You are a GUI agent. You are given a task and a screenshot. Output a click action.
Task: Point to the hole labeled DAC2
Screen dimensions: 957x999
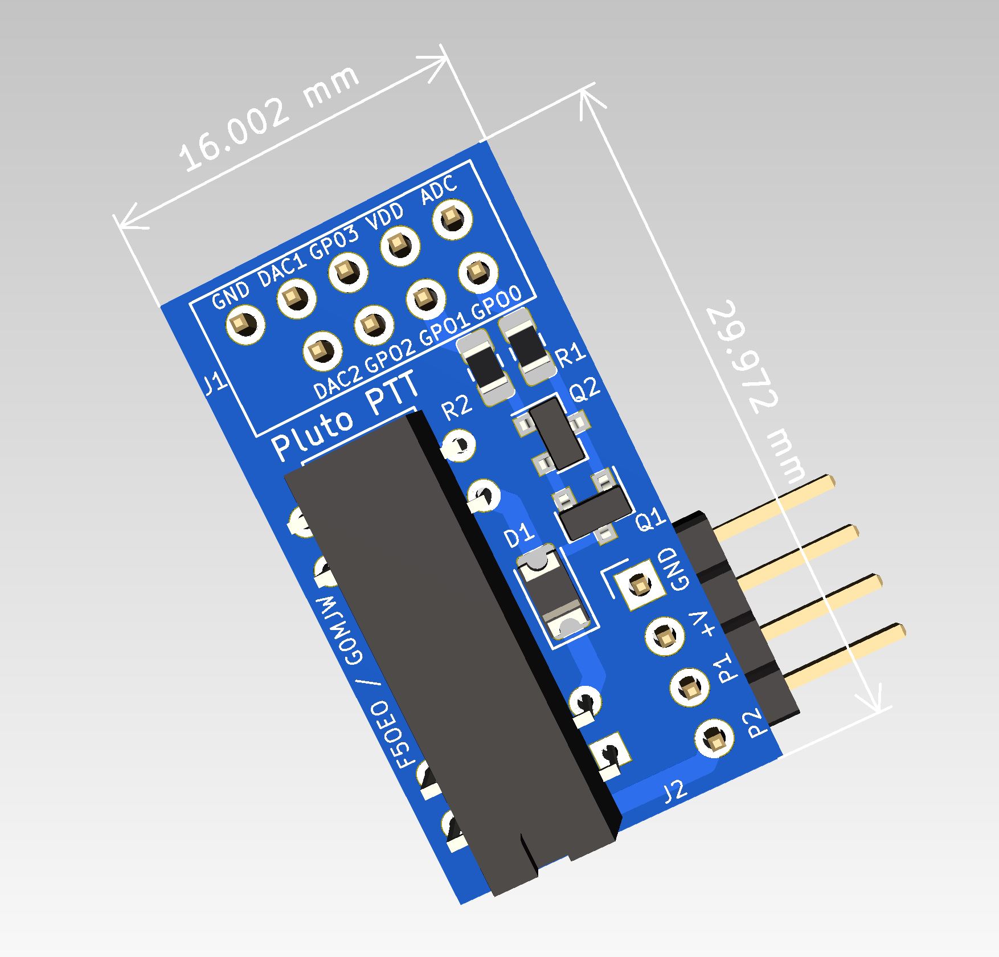tap(322, 349)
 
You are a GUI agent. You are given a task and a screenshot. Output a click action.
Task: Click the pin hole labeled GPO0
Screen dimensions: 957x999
tap(477, 273)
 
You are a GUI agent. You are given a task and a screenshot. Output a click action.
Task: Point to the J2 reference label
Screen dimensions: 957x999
tap(675, 792)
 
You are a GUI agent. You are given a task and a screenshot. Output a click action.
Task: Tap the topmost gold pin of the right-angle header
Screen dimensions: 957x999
tap(775, 502)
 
